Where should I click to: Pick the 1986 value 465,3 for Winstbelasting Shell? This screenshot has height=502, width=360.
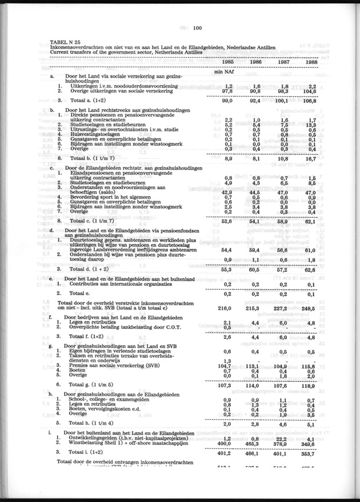pyautogui.click(x=251, y=443)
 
